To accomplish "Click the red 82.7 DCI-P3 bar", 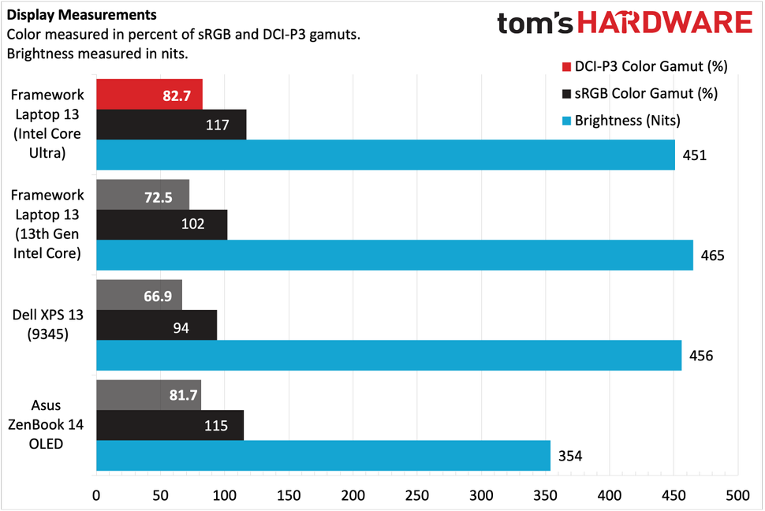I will click(x=149, y=94).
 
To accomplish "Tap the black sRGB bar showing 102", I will click(x=162, y=224).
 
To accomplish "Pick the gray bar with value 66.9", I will click(x=139, y=294).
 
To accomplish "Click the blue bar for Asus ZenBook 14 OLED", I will click(x=323, y=455).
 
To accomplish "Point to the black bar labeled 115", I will click(x=170, y=425).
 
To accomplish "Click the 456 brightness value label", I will click(x=700, y=355).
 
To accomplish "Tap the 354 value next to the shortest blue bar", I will click(x=569, y=455).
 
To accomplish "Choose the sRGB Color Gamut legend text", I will click(x=646, y=94).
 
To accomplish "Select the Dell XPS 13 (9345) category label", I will click(x=47, y=324).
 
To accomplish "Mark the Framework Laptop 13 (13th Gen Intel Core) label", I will click(x=47, y=224).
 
